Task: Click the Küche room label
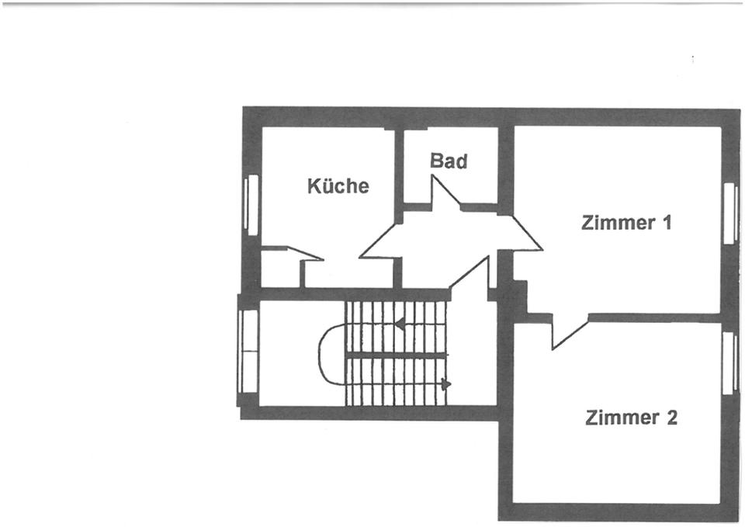(x=338, y=186)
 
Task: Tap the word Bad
(x=449, y=161)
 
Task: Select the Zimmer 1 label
(x=625, y=223)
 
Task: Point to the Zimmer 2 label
(x=631, y=418)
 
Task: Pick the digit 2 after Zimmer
(x=671, y=418)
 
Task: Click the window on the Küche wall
(x=251, y=203)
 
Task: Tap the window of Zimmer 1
(x=729, y=213)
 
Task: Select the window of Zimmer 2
(x=729, y=362)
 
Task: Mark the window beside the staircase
(x=248, y=351)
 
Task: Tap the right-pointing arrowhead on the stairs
(x=445, y=383)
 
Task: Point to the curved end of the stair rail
(x=327, y=354)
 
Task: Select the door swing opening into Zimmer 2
(x=567, y=330)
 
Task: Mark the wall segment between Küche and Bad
(x=398, y=167)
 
